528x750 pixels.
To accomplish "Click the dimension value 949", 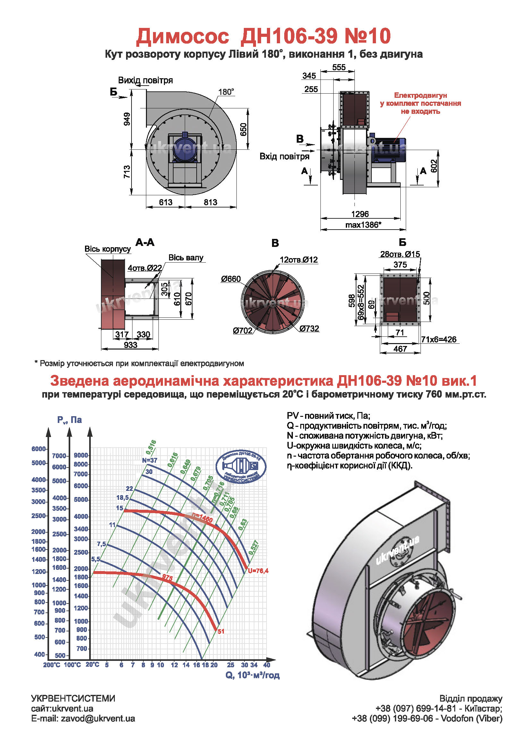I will pos(127,119).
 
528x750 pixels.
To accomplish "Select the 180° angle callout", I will pos(226,92).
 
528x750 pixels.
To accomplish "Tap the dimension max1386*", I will pos(363,225).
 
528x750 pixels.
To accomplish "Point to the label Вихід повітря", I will pos(145,80).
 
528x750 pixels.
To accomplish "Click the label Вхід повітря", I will pos(284,156).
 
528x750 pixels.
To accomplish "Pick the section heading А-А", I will pos(145,242).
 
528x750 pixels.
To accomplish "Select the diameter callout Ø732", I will pos(309,328).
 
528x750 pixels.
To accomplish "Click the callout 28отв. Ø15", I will pos(400,254).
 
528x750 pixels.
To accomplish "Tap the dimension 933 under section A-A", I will pos(130,345).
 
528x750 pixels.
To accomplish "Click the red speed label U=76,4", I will pos(258,571).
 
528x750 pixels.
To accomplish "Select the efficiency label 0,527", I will pos(253,547).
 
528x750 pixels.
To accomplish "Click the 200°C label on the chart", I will pos(52,665).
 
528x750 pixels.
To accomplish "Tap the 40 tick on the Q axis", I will pos(267,665).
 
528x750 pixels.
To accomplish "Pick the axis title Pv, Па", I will pos(69,420).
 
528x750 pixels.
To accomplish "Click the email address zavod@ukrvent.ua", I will pos(98,719).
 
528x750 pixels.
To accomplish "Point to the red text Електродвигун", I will pos(420,95).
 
